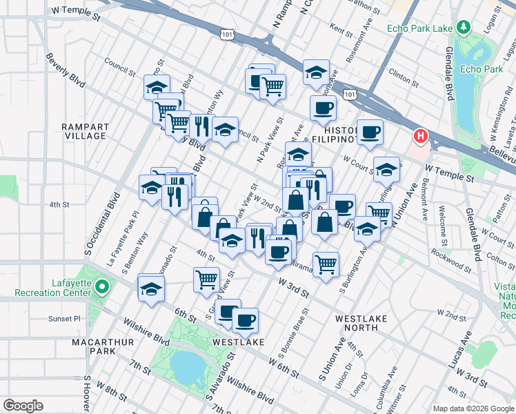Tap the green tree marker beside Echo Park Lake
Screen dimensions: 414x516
(466, 28)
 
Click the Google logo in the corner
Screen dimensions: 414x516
(23, 405)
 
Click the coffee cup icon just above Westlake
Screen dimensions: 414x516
(245, 319)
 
